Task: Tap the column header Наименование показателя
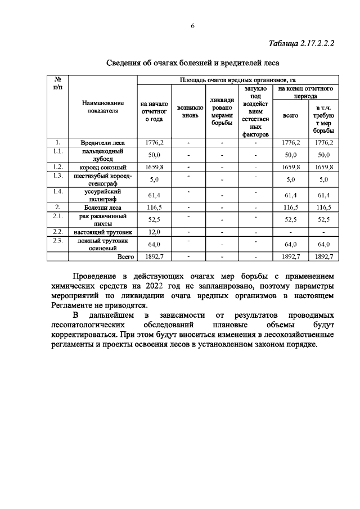[x=102, y=107]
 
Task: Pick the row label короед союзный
[x=103, y=167]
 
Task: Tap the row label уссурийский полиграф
[x=103, y=195]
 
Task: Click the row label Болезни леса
[x=103, y=208]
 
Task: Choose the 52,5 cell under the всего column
[x=290, y=220]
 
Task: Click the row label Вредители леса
[x=103, y=143]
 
